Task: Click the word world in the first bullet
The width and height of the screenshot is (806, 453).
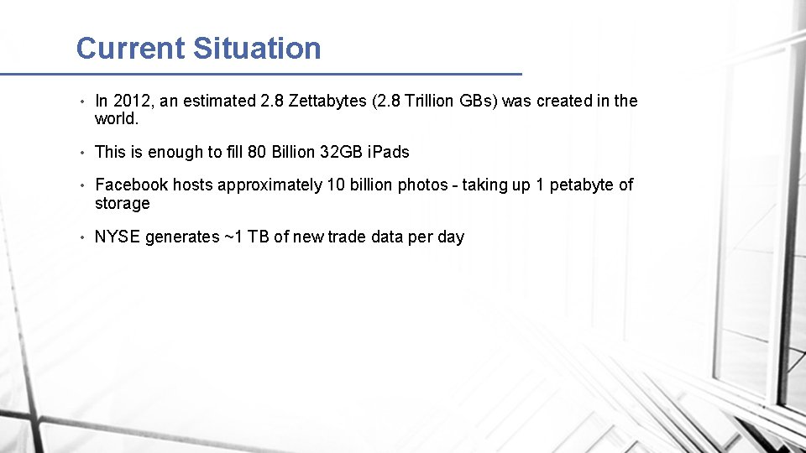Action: tap(114, 119)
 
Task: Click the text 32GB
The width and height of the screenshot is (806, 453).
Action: tap(343, 152)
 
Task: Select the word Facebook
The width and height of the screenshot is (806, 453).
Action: tap(132, 185)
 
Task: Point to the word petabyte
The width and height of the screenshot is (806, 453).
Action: tap(582, 185)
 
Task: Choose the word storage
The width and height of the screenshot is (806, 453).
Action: tap(122, 204)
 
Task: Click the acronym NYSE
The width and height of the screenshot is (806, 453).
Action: tap(118, 237)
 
